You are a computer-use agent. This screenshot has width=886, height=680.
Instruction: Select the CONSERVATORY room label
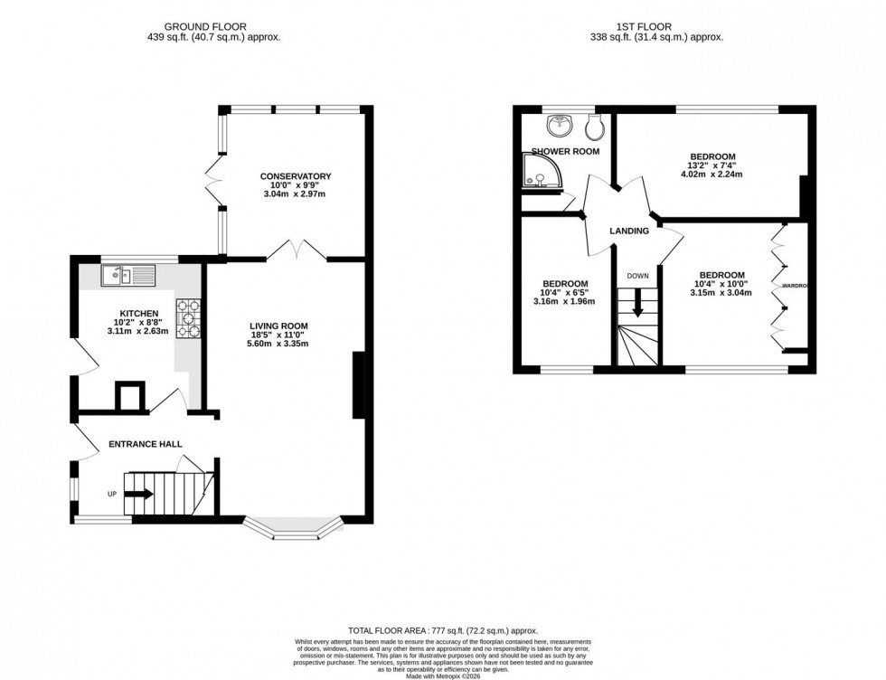tap(296, 176)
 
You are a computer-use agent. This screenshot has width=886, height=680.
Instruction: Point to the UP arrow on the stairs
tap(137, 494)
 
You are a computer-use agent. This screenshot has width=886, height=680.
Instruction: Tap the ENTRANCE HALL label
tap(146, 444)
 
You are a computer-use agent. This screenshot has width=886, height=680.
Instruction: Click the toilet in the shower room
tap(594, 124)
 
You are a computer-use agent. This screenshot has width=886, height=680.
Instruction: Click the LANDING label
tap(629, 231)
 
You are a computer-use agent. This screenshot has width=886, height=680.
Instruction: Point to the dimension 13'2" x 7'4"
tap(710, 165)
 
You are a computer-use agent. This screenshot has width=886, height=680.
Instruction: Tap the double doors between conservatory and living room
tap(297, 249)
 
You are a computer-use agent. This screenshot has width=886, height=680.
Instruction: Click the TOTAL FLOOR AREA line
tap(443, 629)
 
